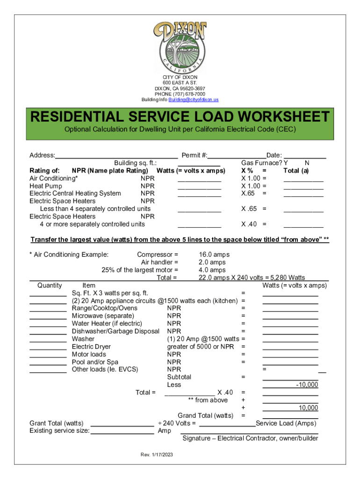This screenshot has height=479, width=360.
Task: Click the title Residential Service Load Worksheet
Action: (x=180, y=116)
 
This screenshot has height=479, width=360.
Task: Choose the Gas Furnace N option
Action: (x=307, y=163)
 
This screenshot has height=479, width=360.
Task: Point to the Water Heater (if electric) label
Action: (x=107, y=323)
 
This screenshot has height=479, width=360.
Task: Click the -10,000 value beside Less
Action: (x=307, y=385)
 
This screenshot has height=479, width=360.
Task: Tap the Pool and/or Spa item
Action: (x=95, y=362)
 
